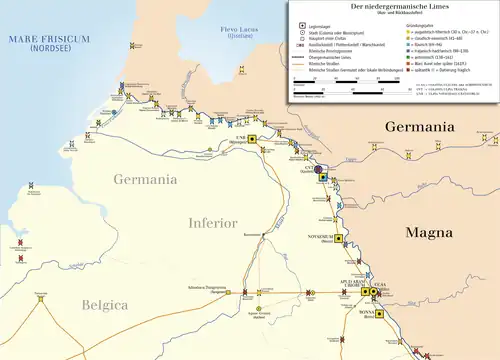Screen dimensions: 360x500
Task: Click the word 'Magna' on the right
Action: [434, 232]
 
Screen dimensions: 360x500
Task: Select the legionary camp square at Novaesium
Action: [339, 238]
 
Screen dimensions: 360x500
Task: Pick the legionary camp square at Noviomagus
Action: [254, 139]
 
